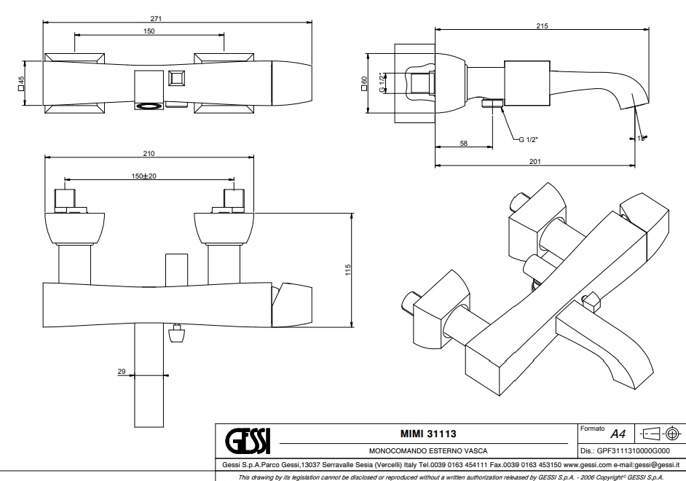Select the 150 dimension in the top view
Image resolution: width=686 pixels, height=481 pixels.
tap(149, 31)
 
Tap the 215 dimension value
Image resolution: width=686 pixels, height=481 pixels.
tap(542, 26)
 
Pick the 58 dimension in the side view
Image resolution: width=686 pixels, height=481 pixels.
tap(464, 144)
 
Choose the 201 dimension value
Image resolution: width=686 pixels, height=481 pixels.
tap(535, 161)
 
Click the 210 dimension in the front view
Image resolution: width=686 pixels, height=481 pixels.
tap(149, 153)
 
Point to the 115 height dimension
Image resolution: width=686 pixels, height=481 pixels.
tap(347, 270)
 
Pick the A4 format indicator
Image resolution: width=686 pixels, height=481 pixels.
tap(618, 434)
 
